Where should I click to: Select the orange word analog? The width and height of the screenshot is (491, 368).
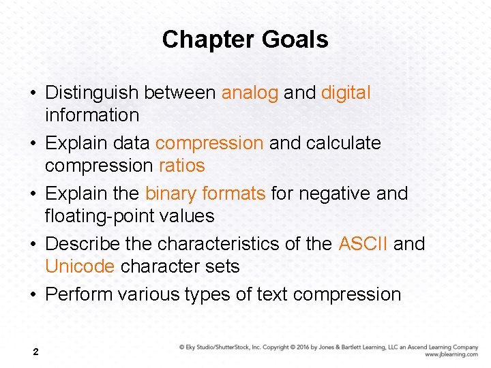point(250,93)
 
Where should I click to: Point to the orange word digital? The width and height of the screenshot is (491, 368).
point(346,93)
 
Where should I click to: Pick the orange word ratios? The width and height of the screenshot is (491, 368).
point(181,166)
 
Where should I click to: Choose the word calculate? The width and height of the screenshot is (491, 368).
point(344,143)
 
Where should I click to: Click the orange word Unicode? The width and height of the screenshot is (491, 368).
point(80,266)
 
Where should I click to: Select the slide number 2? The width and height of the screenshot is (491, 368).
point(35,352)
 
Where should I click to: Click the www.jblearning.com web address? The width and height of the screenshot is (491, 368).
point(451,354)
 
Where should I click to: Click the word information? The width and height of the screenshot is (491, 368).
point(92,115)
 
